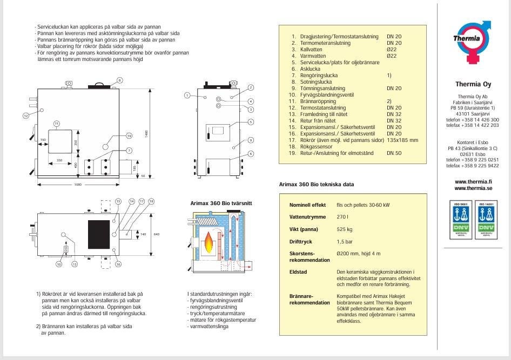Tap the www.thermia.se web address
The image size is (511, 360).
tap(473, 188)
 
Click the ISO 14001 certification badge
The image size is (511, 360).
tap(485, 220)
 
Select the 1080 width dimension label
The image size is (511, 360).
tap(78, 184)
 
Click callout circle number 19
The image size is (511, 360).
tap(129, 135)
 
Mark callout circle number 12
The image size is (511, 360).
tap(25, 116)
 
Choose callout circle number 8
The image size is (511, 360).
tap(119, 80)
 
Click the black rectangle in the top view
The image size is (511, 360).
tap(99, 234)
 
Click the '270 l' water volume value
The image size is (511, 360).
tap(341, 217)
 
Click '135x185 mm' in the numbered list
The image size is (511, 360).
tap(402, 140)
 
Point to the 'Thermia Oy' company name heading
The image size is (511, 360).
tap(473, 84)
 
